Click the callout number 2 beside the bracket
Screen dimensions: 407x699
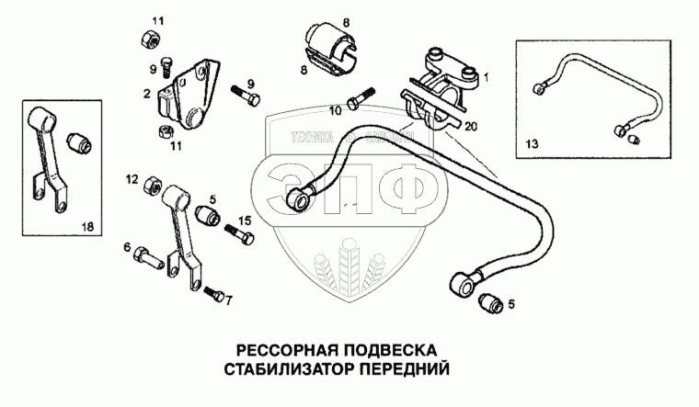coord(146,93)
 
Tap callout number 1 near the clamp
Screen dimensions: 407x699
coord(487,78)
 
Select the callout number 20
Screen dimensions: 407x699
coord(471,126)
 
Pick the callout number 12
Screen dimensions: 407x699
coord(132,177)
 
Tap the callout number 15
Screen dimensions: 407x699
coord(244,220)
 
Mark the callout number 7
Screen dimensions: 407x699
coord(229,300)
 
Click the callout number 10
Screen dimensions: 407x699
coord(335,110)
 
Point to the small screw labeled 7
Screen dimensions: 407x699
coord(212,295)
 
